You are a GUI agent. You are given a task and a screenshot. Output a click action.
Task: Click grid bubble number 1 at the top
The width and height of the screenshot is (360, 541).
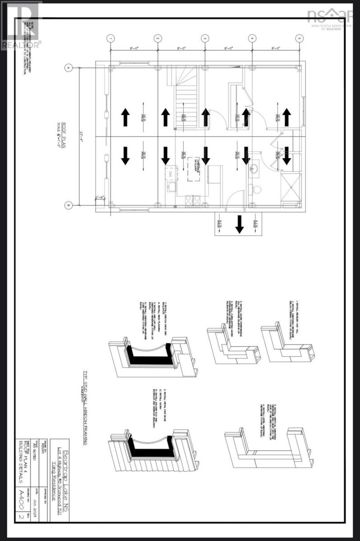[111, 38]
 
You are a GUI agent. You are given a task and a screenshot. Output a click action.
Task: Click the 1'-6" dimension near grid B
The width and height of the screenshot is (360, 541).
[100, 197]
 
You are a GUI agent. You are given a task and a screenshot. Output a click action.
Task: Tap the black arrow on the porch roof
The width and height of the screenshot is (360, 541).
[239, 223]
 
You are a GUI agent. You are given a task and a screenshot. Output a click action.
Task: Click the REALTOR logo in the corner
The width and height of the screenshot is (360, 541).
[21, 25]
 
